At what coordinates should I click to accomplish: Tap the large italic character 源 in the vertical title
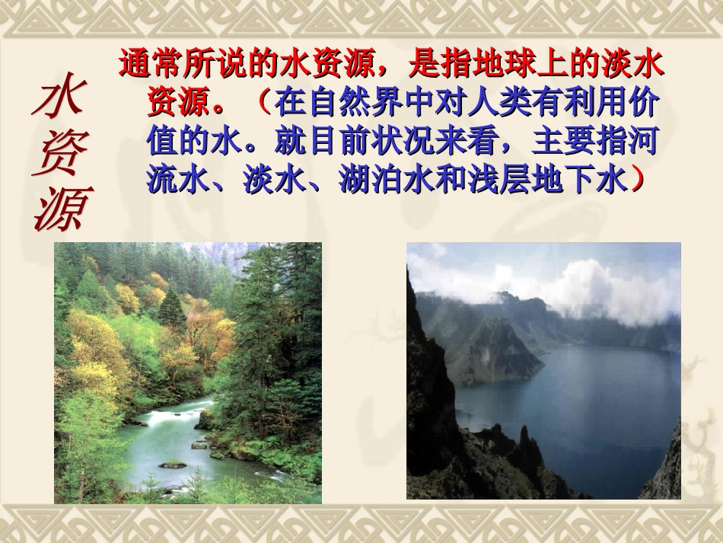(x=61, y=206)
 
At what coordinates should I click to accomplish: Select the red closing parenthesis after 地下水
(x=638, y=180)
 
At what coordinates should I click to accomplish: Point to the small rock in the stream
(x=173, y=464)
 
